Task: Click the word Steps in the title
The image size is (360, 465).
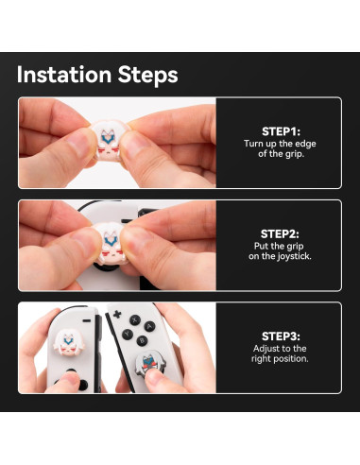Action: [144, 75]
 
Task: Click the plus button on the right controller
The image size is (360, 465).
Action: [117, 314]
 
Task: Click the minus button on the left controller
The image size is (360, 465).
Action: [92, 313]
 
